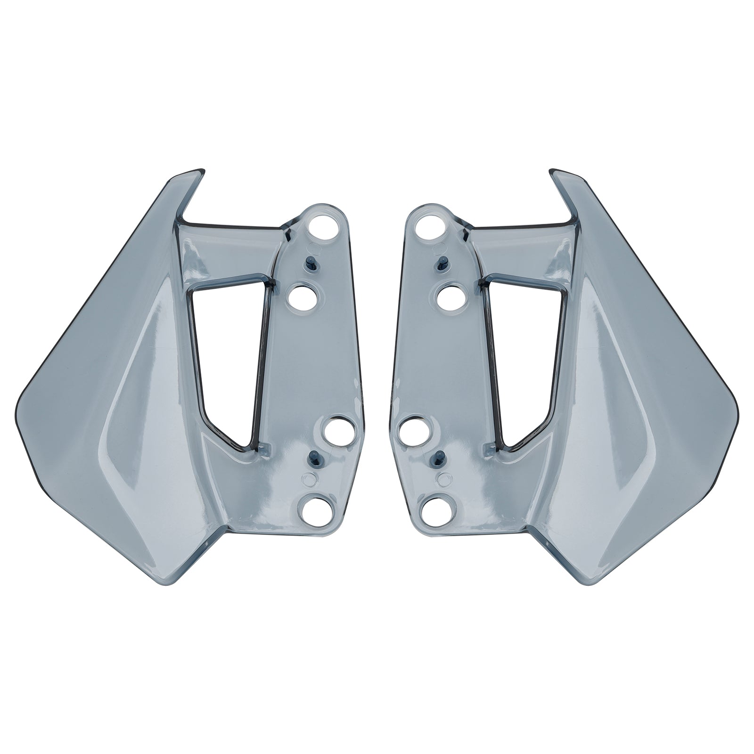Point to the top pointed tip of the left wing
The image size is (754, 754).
click(200, 171)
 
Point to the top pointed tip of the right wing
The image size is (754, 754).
click(554, 171)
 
